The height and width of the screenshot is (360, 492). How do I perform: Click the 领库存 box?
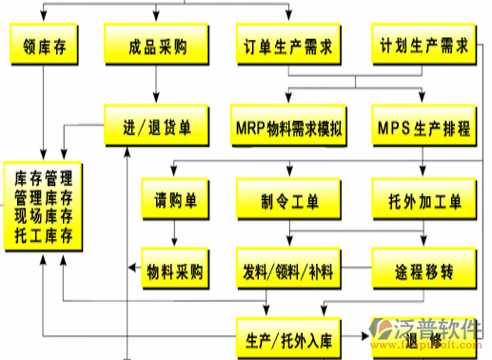point(44,45)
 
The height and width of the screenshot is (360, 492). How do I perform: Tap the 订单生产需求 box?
point(287,45)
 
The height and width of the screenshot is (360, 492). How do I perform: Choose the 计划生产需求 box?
point(423,45)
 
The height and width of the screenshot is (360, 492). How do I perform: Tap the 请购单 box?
point(176,201)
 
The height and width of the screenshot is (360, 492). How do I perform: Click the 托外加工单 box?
point(423,201)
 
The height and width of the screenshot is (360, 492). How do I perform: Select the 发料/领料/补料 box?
point(287,270)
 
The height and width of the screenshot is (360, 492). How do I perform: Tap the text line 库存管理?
point(44,177)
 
